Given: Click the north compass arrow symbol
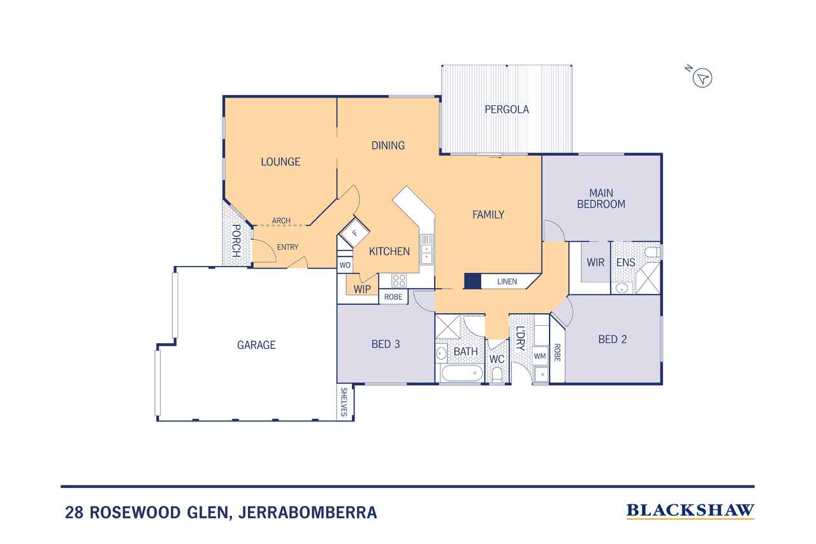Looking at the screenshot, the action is (x=702, y=78).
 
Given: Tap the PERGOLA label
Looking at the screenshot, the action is (x=506, y=109).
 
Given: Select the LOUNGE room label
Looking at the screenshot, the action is (x=280, y=162).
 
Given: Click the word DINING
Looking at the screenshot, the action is (x=388, y=145).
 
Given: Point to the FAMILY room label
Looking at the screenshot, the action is (x=488, y=215).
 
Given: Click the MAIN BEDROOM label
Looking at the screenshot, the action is (x=601, y=198).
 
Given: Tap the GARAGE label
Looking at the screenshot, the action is (x=256, y=344).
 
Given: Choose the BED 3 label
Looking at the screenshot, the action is (x=386, y=344).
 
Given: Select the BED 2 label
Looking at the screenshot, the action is (x=613, y=339).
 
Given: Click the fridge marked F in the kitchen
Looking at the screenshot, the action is (x=354, y=233).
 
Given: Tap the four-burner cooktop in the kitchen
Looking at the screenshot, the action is (x=399, y=281).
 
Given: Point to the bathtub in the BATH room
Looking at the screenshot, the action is (x=462, y=373).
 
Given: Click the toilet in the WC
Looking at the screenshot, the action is (x=497, y=374).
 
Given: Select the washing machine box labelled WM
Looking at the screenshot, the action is (x=540, y=356).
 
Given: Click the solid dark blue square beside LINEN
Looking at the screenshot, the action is (x=472, y=281).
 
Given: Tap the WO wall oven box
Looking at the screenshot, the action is (x=345, y=265).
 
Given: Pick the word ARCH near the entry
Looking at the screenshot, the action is (x=281, y=221).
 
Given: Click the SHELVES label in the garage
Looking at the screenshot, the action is (x=344, y=402).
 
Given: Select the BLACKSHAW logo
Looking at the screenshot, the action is (x=690, y=511).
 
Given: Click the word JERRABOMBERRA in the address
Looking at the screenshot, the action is (x=307, y=513).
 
